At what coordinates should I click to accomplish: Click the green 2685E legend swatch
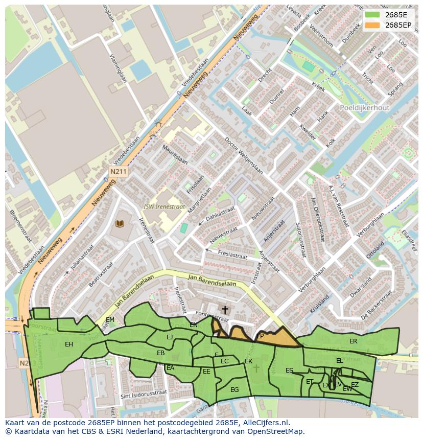[373, 15]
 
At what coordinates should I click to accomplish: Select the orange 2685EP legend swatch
[373, 25]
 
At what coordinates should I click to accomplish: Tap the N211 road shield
[118, 172]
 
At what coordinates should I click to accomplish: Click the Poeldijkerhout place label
[364, 108]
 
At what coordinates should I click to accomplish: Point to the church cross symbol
[225, 310]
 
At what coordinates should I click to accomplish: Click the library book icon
[120, 224]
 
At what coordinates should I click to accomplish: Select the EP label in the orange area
[260, 336]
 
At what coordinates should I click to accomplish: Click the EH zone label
[69, 344]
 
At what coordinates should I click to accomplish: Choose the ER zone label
[353, 341]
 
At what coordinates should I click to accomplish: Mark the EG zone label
[234, 389]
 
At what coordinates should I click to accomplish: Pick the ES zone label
[289, 370]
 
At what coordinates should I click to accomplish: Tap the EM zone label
[110, 320]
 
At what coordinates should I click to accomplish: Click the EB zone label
[160, 353]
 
